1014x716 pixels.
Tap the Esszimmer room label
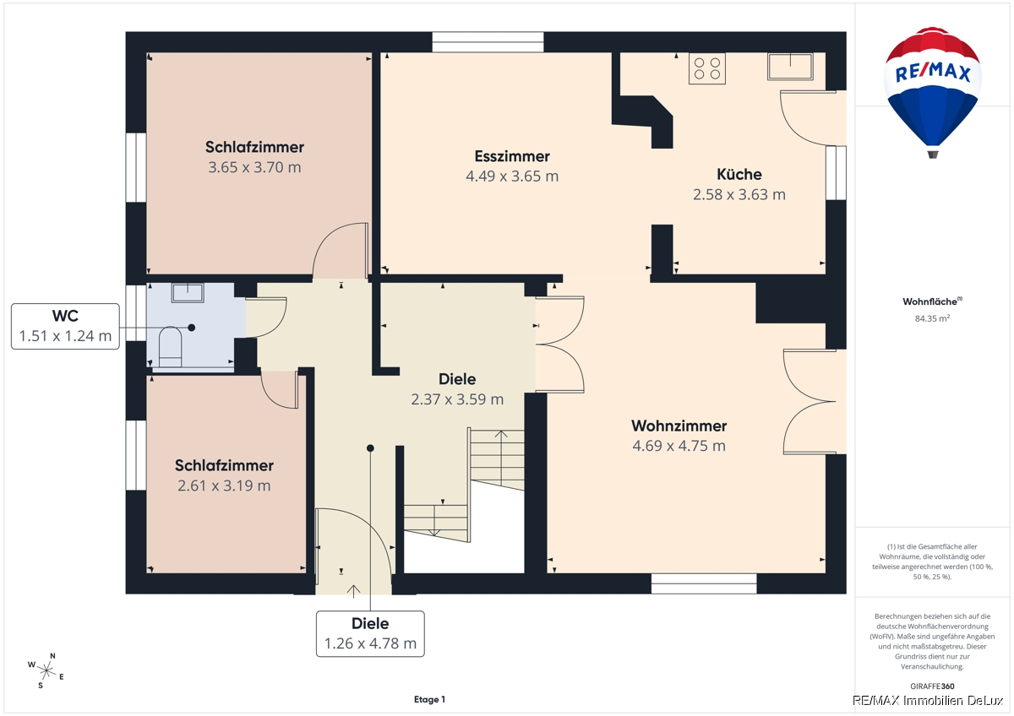(512, 156)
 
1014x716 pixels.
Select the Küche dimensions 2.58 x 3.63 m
(739, 194)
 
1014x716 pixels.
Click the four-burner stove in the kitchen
(707, 68)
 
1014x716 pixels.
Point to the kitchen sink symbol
(790, 67)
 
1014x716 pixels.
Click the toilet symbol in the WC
(170, 346)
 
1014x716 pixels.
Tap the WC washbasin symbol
(188, 293)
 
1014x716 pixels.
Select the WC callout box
(65, 326)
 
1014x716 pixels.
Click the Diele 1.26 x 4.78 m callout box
(370, 634)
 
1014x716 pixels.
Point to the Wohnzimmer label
(679, 426)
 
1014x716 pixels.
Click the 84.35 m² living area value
(932, 318)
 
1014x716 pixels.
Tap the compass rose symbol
(46, 670)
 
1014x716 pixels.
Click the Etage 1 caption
(429, 699)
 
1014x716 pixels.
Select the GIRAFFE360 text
(932, 686)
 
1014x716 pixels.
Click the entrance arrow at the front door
(353, 591)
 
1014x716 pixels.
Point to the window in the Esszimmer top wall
(488, 42)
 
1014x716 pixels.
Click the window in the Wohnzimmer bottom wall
(704, 583)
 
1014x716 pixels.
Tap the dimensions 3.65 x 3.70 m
(254, 167)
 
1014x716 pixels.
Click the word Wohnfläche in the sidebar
(929, 301)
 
